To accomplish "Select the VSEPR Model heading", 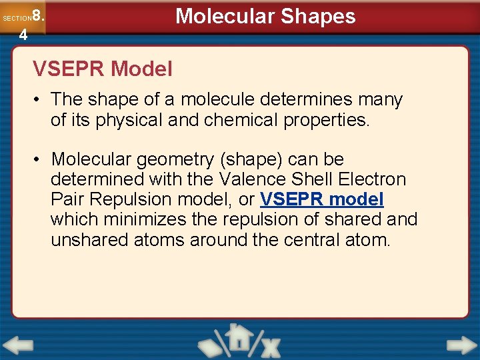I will pos(103,68).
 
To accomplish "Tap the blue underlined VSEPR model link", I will pos(322,199).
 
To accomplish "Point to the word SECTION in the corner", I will pos(17,19).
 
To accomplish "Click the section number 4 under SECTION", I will pos(23,35).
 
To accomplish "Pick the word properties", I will pos(339,119).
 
